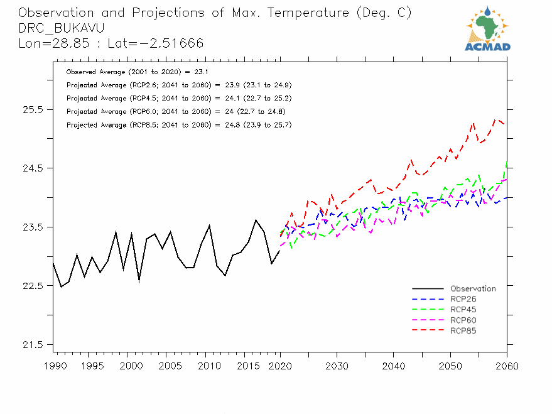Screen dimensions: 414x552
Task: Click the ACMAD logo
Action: pyautogui.click(x=487, y=28)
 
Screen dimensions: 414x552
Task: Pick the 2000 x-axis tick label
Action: pyautogui.click(x=129, y=366)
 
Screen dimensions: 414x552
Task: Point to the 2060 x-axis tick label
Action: pyautogui.click(x=507, y=366)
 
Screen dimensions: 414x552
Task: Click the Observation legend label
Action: pyautogui.click(x=473, y=289)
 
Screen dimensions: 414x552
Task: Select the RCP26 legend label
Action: pyautogui.click(x=463, y=299)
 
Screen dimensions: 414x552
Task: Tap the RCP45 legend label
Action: pyautogui.click(x=463, y=310)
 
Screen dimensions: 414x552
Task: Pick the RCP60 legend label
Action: pyautogui.click(x=463, y=320)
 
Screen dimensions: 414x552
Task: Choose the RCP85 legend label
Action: pyautogui.click(x=463, y=330)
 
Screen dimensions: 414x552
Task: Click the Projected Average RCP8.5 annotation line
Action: pyautogui.click(x=178, y=125)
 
